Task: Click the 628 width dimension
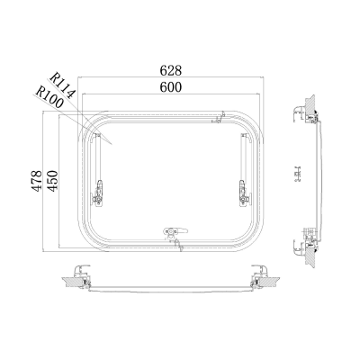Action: [x=171, y=70]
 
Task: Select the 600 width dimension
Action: [x=171, y=87]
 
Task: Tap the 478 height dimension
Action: [x=37, y=181]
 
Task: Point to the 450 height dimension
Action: [x=52, y=181]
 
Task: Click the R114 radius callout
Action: [x=62, y=85]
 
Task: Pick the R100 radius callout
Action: [x=49, y=97]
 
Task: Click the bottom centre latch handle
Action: [x=175, y=231]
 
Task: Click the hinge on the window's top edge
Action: [x=219, y=118]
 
